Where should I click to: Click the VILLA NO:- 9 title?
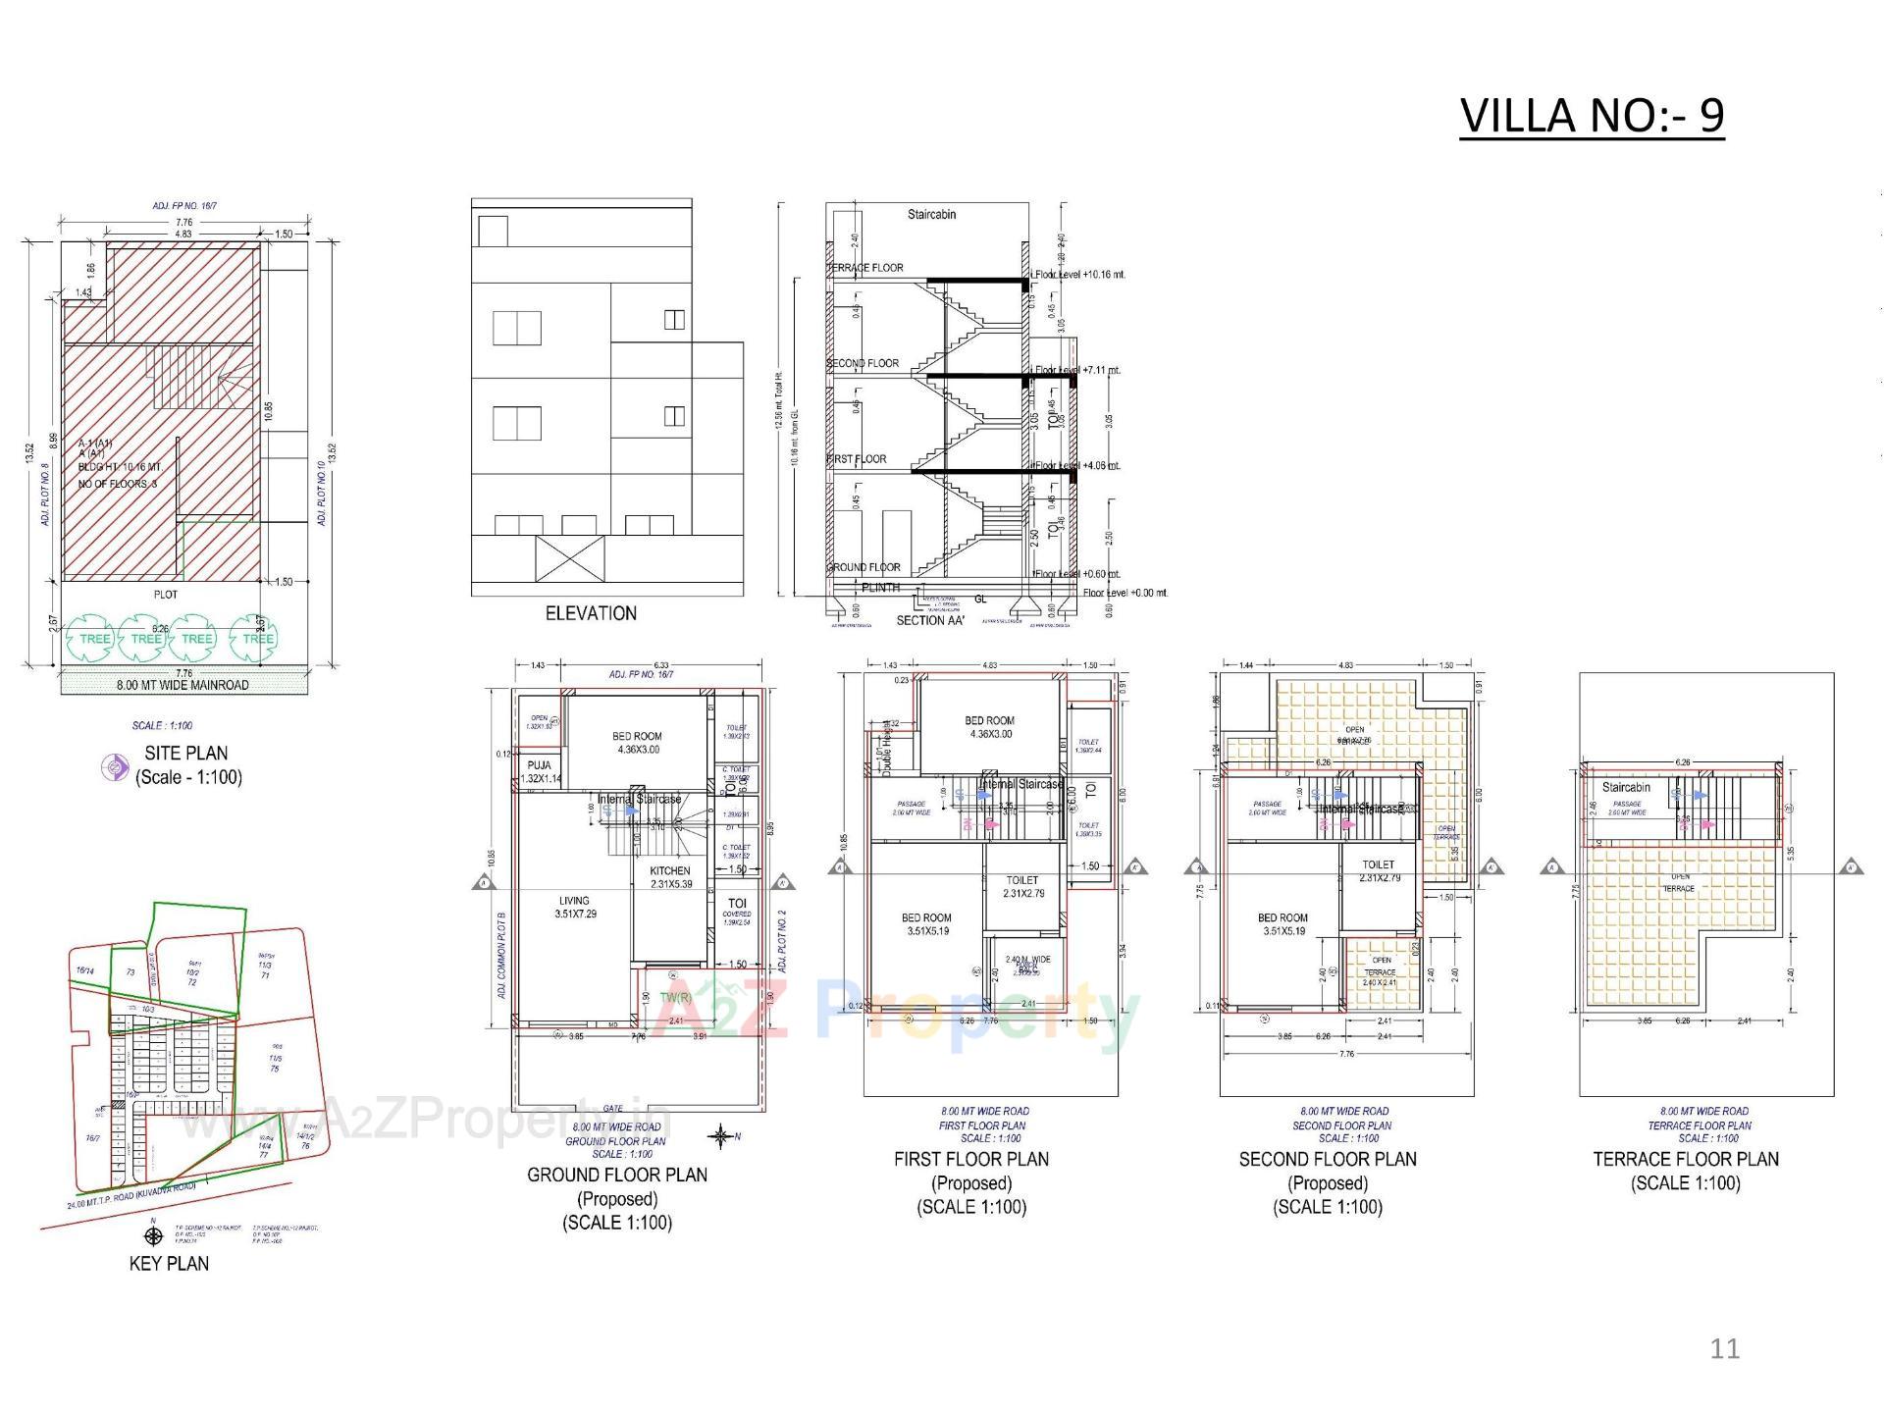(1591, 115)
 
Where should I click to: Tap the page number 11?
(1724, 1348)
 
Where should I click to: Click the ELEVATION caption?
(591, 613)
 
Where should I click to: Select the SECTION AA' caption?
(930, 620)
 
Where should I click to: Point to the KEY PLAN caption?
(169, 1264)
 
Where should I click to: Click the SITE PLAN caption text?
(186, 754)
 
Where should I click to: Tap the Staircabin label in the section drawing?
(931, 214)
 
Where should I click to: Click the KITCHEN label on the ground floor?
(670, 870)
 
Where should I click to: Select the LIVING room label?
(575, 901)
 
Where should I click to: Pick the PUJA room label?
(539, 765)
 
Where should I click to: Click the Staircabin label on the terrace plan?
(1626, 787)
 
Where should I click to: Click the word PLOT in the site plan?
(166, 595)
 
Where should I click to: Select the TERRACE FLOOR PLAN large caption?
(1686, 1160)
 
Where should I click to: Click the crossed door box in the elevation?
(570, 558)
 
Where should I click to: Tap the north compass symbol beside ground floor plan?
(720, 1137)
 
